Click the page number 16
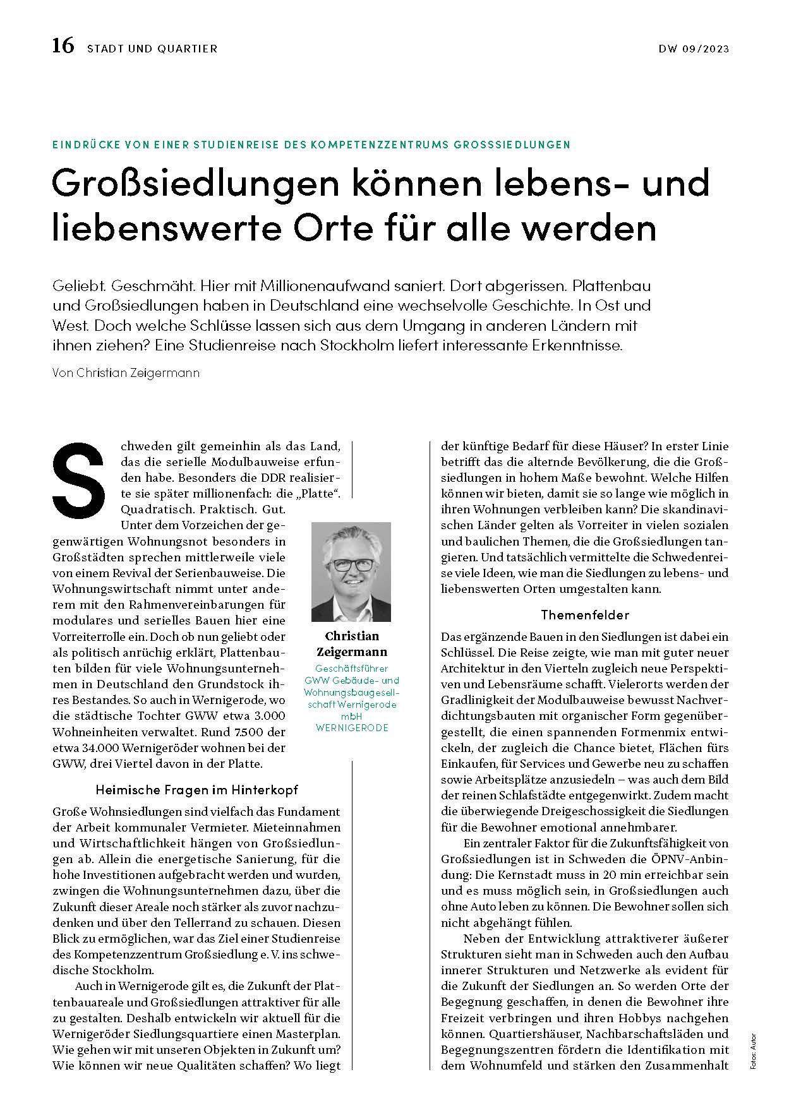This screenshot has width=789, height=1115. coord(63,47)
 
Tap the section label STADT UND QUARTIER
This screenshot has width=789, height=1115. coord(152,49)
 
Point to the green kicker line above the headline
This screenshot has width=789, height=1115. coord(311,145)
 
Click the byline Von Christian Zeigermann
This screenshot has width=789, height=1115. coord(126,373)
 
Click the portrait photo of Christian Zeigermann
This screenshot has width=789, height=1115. coord(351,571)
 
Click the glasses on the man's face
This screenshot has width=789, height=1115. coord(352,564)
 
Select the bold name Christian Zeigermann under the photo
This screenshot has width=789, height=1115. coord(351,643)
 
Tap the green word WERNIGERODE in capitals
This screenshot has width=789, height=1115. coord(351,728)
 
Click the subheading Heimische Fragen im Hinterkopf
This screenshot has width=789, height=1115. coord(196,789)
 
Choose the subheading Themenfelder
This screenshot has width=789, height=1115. coord(584,614)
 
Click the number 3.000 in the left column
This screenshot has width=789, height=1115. coord(263,716)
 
